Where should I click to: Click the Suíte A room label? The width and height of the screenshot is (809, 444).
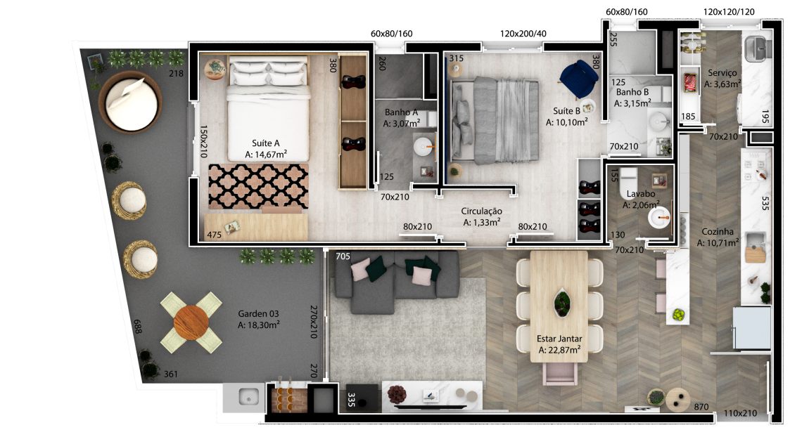click(x=266, y=143)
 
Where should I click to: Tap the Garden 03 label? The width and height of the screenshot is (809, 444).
click(x=258, y=314)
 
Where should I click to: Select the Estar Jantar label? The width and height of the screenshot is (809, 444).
click(x=559, y=339)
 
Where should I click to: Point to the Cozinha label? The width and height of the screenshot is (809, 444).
click(x=718, y=232)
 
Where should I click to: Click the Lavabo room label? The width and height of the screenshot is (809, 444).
click(x=641, y=194)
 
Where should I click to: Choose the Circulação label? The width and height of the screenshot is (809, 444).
click(x=481, y=211)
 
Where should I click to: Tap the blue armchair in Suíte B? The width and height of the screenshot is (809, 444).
click(x=578, y=79)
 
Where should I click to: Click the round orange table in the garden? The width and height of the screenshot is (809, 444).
click(x=191, y=323)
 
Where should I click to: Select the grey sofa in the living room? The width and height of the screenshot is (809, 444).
click(x=396, y=282)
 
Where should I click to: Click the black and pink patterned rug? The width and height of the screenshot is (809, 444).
click(x=258, y=186)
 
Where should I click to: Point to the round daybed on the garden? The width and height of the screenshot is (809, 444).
click(x=130, y=102)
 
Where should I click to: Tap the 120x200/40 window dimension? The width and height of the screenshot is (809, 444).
click(x=523, y=34)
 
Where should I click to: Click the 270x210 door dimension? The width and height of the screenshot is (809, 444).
click(x=314, y=322)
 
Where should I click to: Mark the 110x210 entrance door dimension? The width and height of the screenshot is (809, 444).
click(x=740, y=413)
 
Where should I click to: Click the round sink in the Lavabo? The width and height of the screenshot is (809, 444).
click(x=659, y=217)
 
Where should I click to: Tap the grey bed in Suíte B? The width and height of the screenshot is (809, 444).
click(x=495, y=121)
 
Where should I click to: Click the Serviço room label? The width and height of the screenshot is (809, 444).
click(x=722, y=73)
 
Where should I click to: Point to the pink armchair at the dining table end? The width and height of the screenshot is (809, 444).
click(x=559, y=373)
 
